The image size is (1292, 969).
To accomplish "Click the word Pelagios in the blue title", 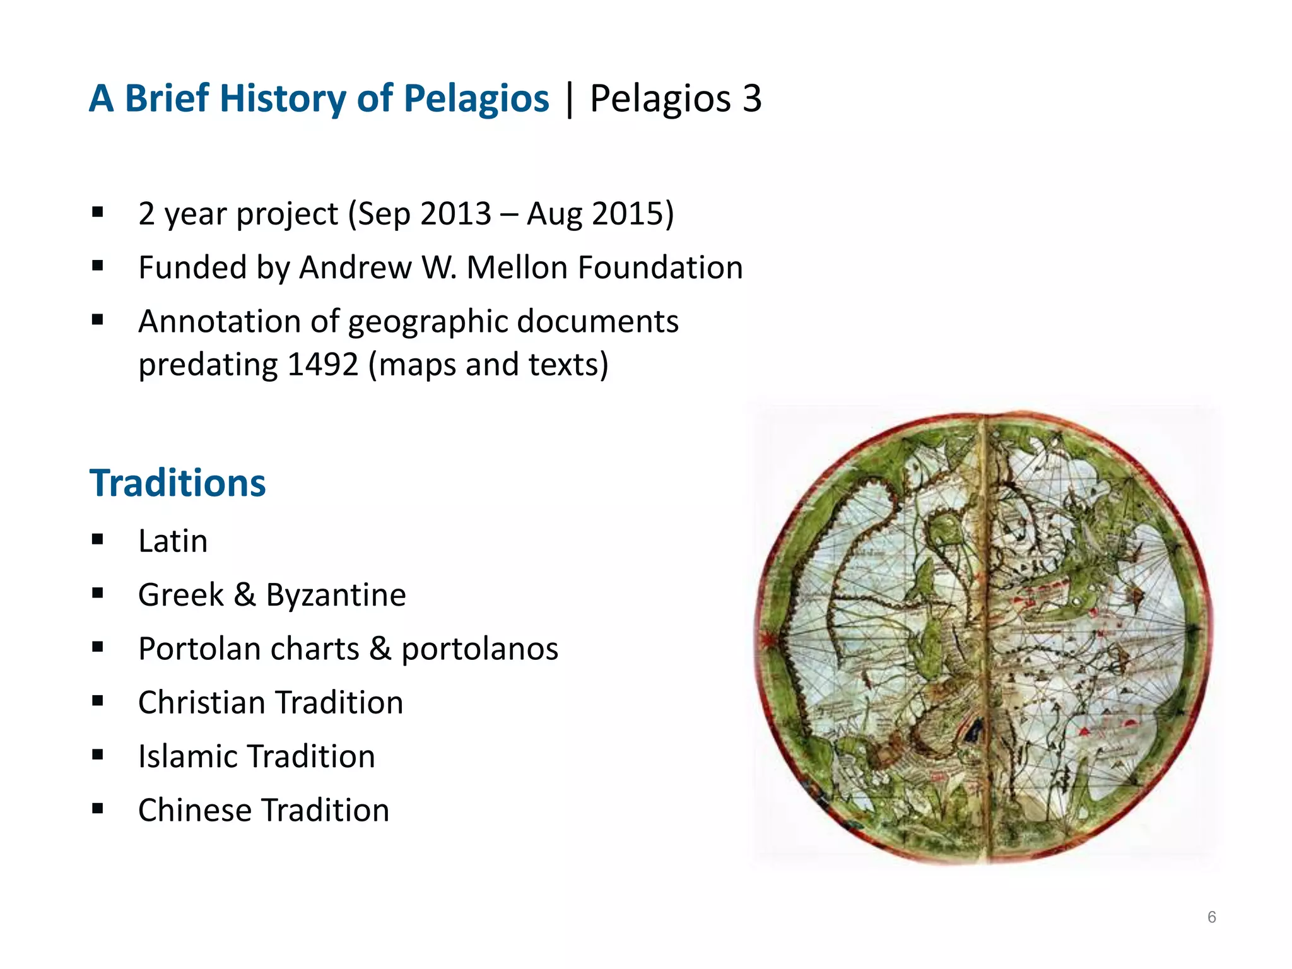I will point(476,99).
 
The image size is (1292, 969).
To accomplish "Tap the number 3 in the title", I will point(751,99).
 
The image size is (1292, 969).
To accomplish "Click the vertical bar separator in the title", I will point(570,99).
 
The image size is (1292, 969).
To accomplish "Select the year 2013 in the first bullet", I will point(455,213).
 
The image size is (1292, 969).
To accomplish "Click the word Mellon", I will point(517,267).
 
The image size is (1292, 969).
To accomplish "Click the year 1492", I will point(322,365).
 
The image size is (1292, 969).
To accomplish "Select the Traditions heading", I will point(177,483).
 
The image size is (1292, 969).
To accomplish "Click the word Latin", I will point(173,541).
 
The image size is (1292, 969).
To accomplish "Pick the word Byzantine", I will point(336,595).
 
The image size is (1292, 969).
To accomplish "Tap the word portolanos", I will point(479,649).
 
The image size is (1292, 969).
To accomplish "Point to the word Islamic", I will point(187,756).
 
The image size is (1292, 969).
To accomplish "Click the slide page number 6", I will point(1211,917).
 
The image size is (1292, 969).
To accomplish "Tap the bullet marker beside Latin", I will point(97,539).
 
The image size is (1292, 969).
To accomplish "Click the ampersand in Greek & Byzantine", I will point(245,595).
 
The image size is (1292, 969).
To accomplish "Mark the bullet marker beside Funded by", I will point(97,266).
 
